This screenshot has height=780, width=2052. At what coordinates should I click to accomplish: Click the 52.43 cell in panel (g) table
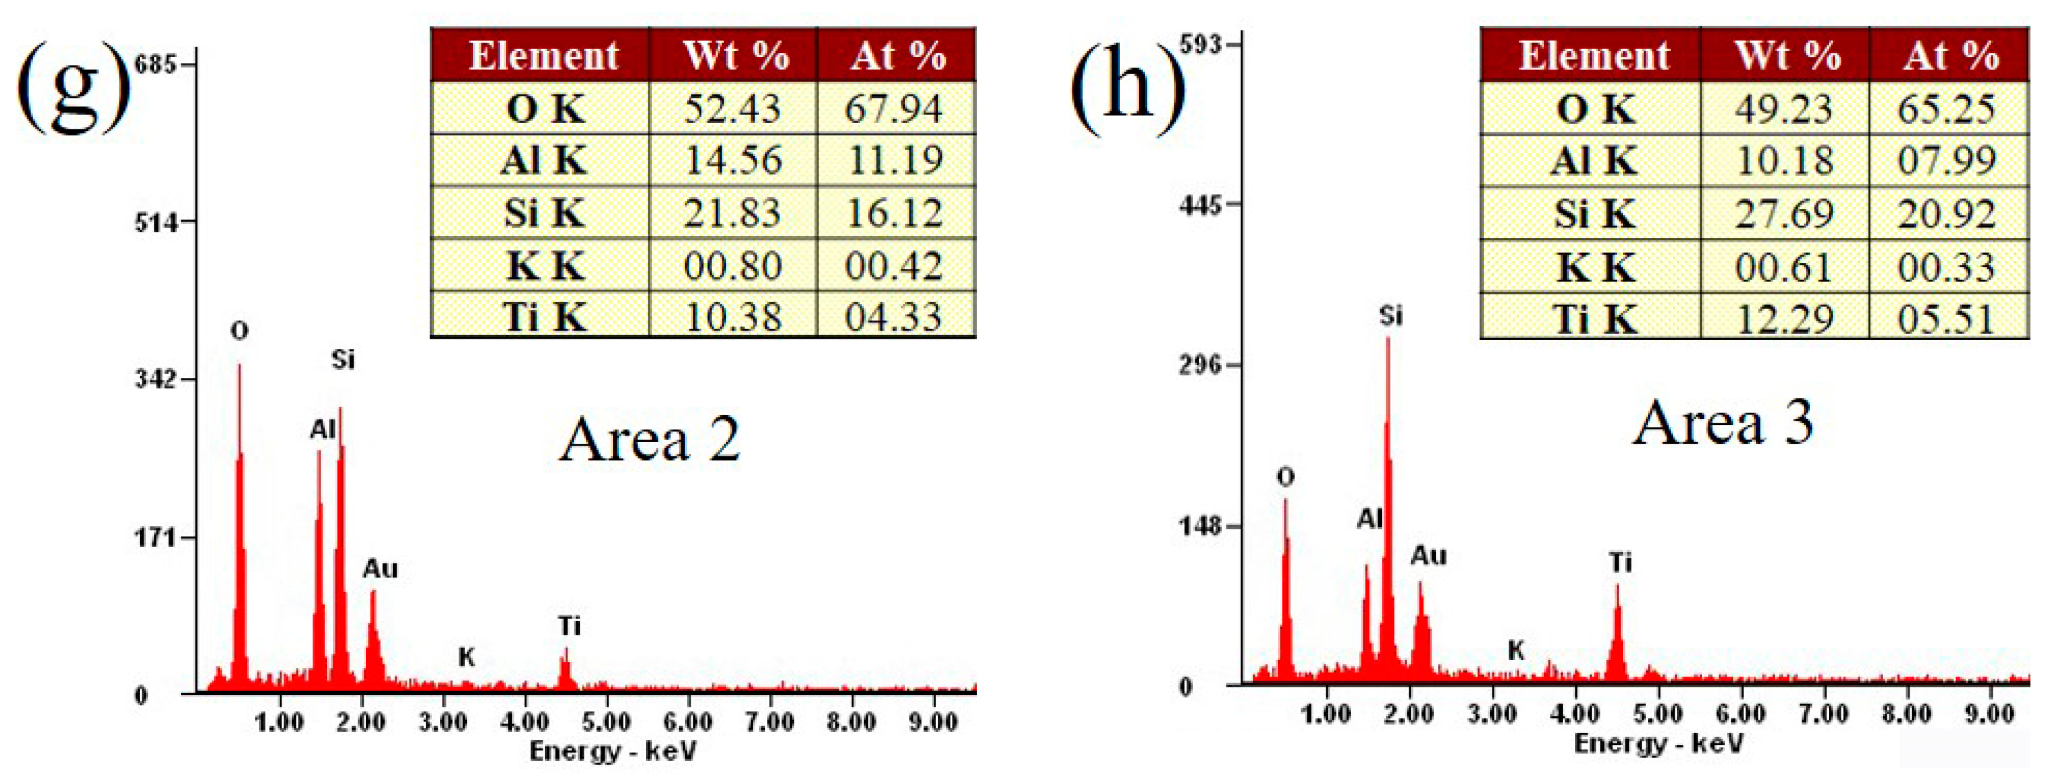732,108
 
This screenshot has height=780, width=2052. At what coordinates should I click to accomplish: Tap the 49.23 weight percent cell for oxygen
1783,108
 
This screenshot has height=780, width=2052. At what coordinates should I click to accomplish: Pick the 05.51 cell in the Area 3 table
1946,319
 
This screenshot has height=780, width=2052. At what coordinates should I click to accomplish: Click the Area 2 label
649,440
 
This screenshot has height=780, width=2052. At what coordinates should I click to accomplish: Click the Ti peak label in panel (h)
1620,562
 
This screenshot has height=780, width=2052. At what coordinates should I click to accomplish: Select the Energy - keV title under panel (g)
612,751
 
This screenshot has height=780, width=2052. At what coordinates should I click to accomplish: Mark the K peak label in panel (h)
1516,650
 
